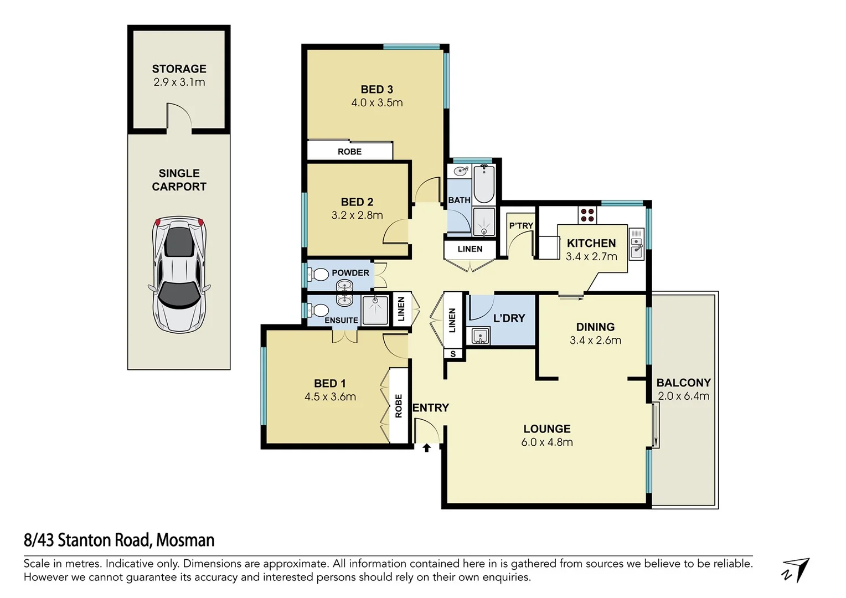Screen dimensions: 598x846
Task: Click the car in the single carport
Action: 179,274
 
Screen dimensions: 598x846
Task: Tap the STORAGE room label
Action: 179,69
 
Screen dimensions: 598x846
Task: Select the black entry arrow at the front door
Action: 426,448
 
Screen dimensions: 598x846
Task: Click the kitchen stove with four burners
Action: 587,215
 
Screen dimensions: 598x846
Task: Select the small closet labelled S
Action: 453,354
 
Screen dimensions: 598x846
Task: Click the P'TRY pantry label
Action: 521,225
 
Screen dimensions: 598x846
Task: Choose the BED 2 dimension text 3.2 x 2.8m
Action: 357,215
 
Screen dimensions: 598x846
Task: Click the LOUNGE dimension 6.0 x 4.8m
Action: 547,442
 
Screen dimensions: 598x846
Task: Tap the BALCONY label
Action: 683,383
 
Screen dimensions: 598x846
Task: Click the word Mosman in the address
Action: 185,540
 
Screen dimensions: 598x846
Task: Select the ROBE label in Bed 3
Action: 349,152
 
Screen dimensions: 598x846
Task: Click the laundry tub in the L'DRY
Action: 478,336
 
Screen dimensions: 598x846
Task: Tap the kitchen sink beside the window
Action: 637,248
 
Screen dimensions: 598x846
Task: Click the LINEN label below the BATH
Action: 470,249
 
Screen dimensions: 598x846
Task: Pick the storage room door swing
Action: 179,115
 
